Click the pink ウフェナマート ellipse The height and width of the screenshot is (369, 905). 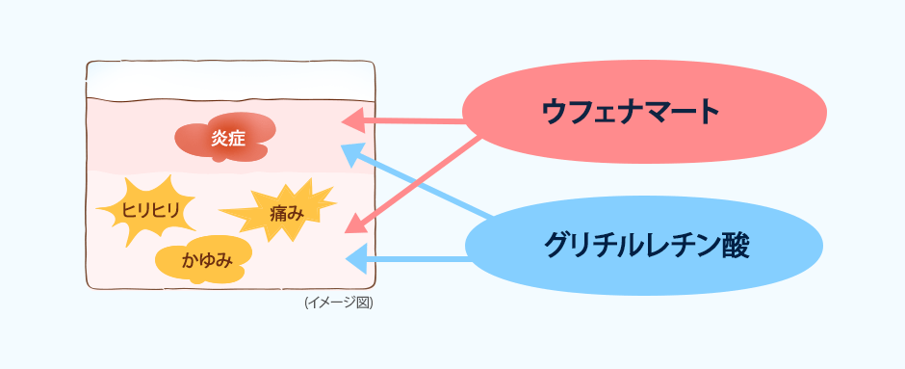pyautogui.click(x=644, y=112)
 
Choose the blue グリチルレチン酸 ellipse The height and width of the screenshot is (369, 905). pyautogui.click(x=644, y=245)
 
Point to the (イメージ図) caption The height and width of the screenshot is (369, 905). pyautogui.click(x=338, y=303)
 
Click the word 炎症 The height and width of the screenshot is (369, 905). pyautogui.click(x=228, y=138)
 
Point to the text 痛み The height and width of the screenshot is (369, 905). pyautogui.click(x=286, y=213)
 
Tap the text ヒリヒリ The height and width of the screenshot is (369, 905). pyautogui.click(x=150, y=209)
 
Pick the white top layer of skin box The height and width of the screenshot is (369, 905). pyautogui.click(x=230, y=81)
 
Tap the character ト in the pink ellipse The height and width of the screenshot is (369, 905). pyautogui.click(x=709, y=113)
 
